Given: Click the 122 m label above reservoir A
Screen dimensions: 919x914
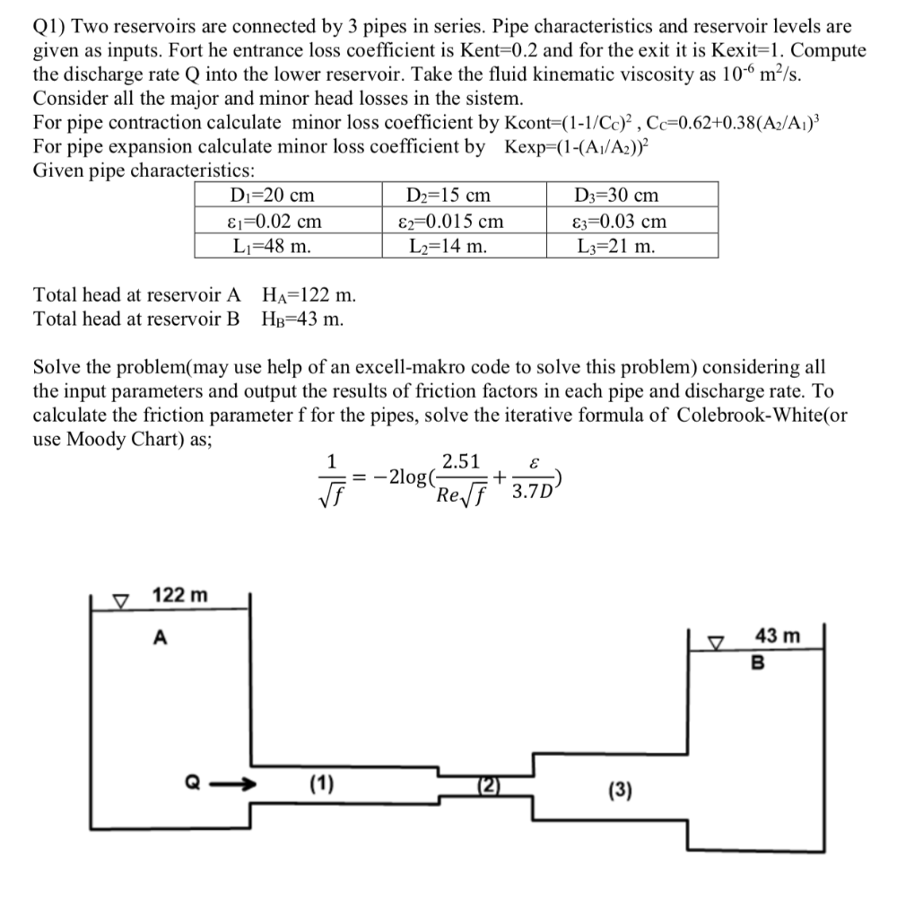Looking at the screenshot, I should pyautogui.click(x=179, y=595).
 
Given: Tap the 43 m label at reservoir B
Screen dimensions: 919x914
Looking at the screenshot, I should pyautogui.click(x=778, y=636).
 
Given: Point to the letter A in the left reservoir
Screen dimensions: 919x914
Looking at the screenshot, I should pyautogui.click(x=160, y=637).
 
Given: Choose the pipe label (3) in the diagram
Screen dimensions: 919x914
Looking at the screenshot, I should pyautogui.click(x=620, y=792).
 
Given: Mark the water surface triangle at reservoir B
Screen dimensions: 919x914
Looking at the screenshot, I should pyautogui.click(x=716, y=642).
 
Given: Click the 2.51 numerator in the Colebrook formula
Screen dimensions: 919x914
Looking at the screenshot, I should pyautogui.click(x=461, y=463).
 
